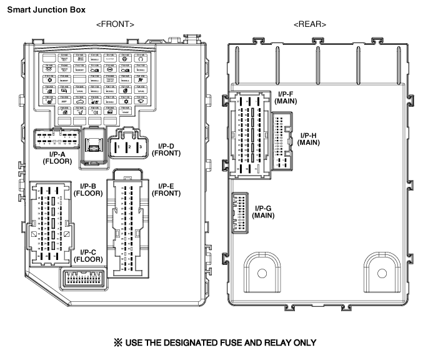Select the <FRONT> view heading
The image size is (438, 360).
pyautogui.click(x=115, y=24)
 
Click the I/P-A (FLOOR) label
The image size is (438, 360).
pyautogui.click(x=57, y=157)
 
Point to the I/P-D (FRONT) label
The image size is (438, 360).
pyautogui.click(x=166, y=149)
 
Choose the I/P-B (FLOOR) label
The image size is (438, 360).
pyautogui.click(x=88, y=189)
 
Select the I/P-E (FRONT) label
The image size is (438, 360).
pyautogui.click(x=166, y=189)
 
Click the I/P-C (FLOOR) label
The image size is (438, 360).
pyautogui.click(x=88, y=255)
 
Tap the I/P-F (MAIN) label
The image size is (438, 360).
pyautogui.click(x=289, y=97)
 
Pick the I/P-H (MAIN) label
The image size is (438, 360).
pyautogui.click(x=309, y=139)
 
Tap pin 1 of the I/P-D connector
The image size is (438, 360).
pyautogui.click(x=117, y=147)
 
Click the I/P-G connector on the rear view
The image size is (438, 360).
pyautogui.click(x=240, y=212)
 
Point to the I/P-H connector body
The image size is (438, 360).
pyautogui.click(x=283, y=142)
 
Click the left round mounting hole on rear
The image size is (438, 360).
pyautogui.click(x=262, y=273)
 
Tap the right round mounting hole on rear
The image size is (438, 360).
pyautogui.click(x=383, y=273)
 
